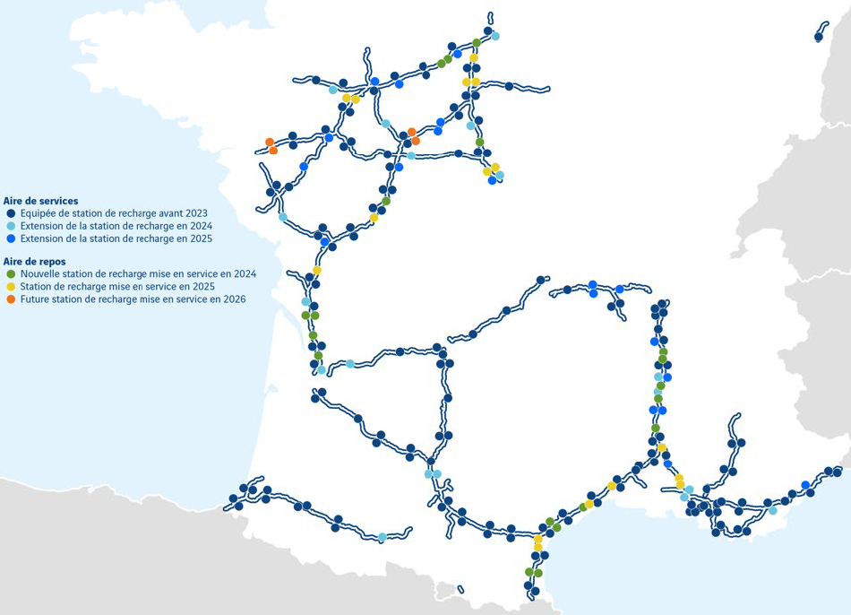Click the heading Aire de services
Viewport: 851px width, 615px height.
pyautogui.click(x=40, y=201)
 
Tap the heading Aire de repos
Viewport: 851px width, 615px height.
pyautogui.click(x=35, y=261)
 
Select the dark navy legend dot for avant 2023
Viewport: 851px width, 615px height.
pyautogui.click(x=11, y=213)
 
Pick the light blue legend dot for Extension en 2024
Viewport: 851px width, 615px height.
pyautogui.click(x=11, y=226)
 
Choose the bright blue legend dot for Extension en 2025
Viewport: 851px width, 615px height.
pyautogui.click(x=11, y=238)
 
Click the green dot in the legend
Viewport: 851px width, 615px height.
pyautogui.click(x=11, y=273)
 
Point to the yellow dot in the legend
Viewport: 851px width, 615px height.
pyautogui.click(x=11, y=286)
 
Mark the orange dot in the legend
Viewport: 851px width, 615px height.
pyautogui.click(x=11, y=299)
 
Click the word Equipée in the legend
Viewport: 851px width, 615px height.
pyautogui.click(x=37, y=213)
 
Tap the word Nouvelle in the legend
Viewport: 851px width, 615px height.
pyautogui.click(x=39, y=273)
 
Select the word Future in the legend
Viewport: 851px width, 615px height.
pyautogui.click(x=34, y=299)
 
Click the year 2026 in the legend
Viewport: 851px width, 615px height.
pyautogui.click(x=233, y=299)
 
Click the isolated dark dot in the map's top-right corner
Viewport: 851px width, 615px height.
pyautogui.click(x=819, y=37)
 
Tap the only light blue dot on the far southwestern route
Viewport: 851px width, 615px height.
pyautogui.click(x=383, y=537)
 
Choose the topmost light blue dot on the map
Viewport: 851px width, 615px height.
pyautogui.click(x=495, y=36)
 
